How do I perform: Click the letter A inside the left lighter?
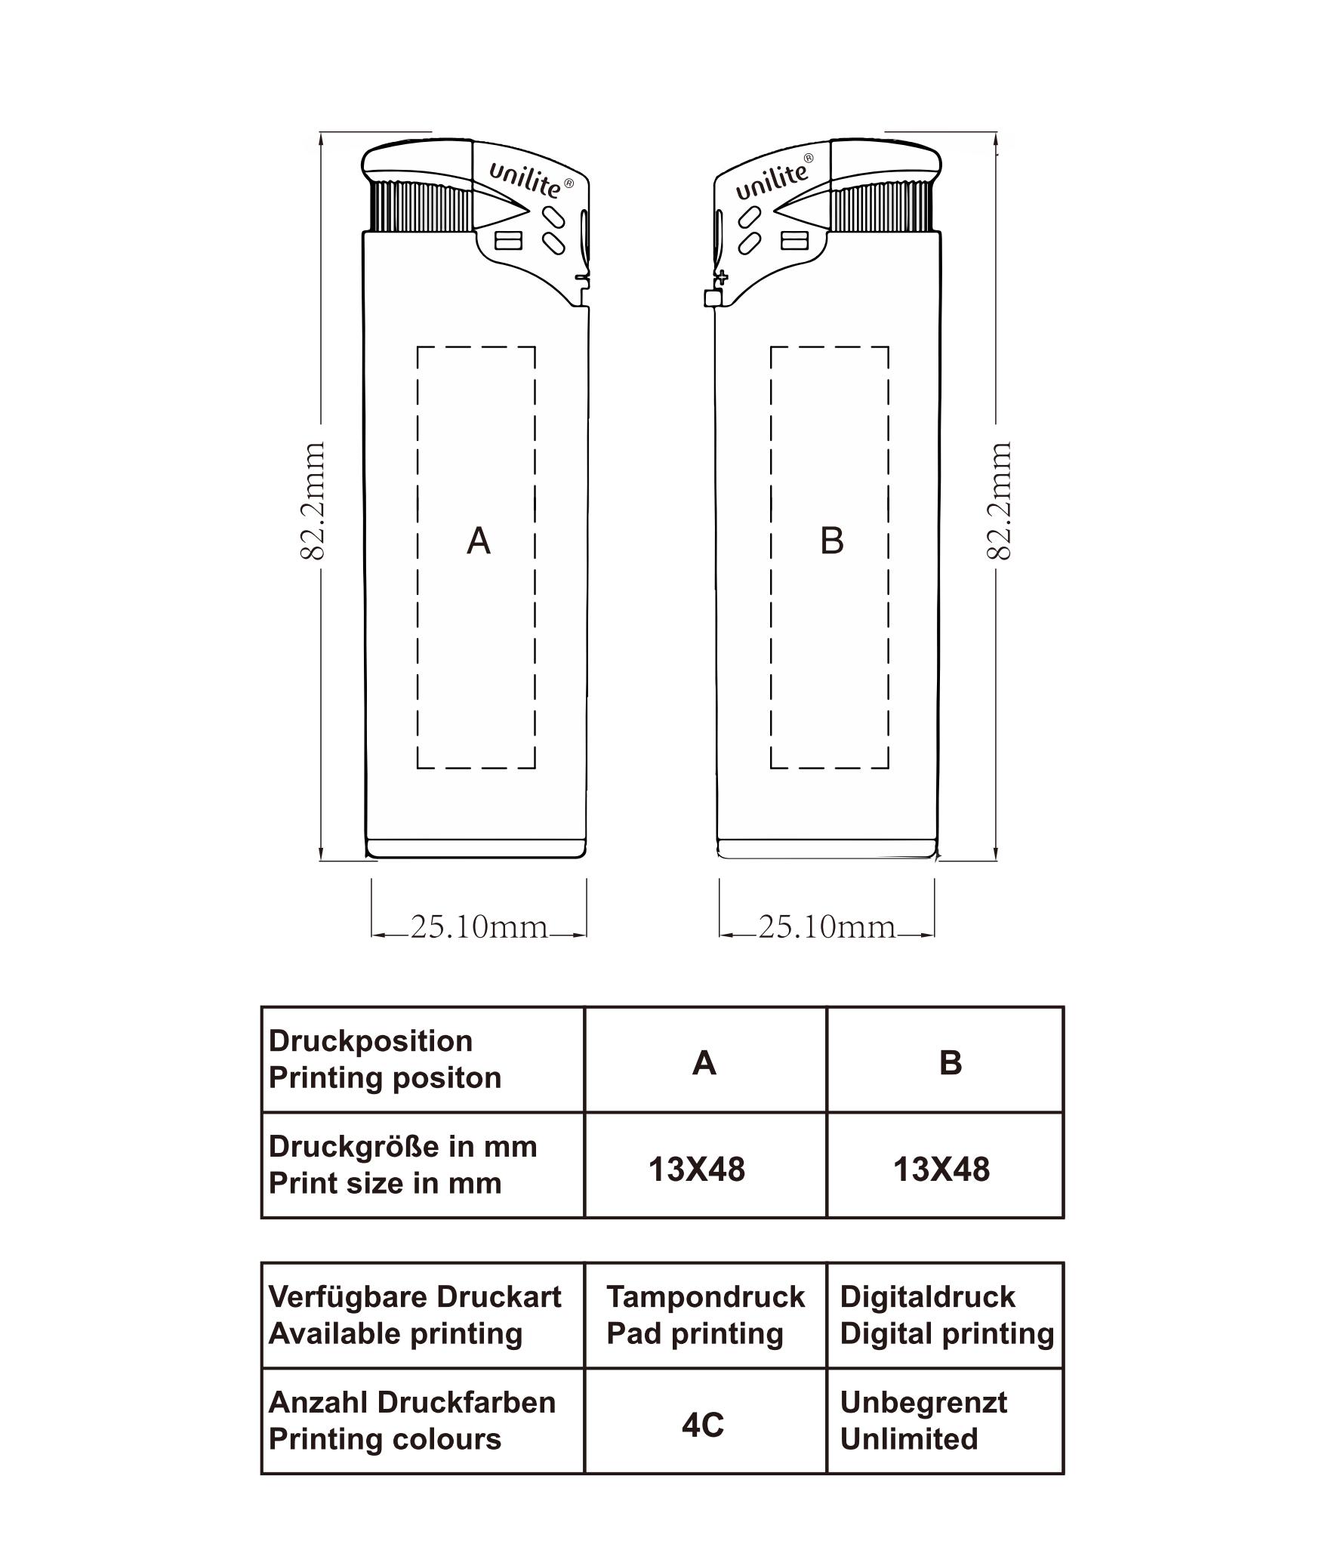479,541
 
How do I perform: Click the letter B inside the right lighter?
831,541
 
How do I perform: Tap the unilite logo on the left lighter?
530,179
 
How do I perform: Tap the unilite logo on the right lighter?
775,177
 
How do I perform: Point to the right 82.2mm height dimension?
999,501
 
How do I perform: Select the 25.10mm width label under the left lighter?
479,926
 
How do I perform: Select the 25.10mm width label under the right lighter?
827,926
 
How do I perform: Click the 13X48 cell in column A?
696,1170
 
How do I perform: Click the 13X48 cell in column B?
941,1170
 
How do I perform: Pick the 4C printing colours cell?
702,1425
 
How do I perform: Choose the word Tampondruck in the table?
705,1297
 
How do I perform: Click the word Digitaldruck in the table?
927,1297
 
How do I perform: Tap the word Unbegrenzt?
923,1403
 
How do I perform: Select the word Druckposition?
371,1041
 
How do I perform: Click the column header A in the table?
704,1063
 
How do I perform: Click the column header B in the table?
951,1063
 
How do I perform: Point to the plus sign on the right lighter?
722,276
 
